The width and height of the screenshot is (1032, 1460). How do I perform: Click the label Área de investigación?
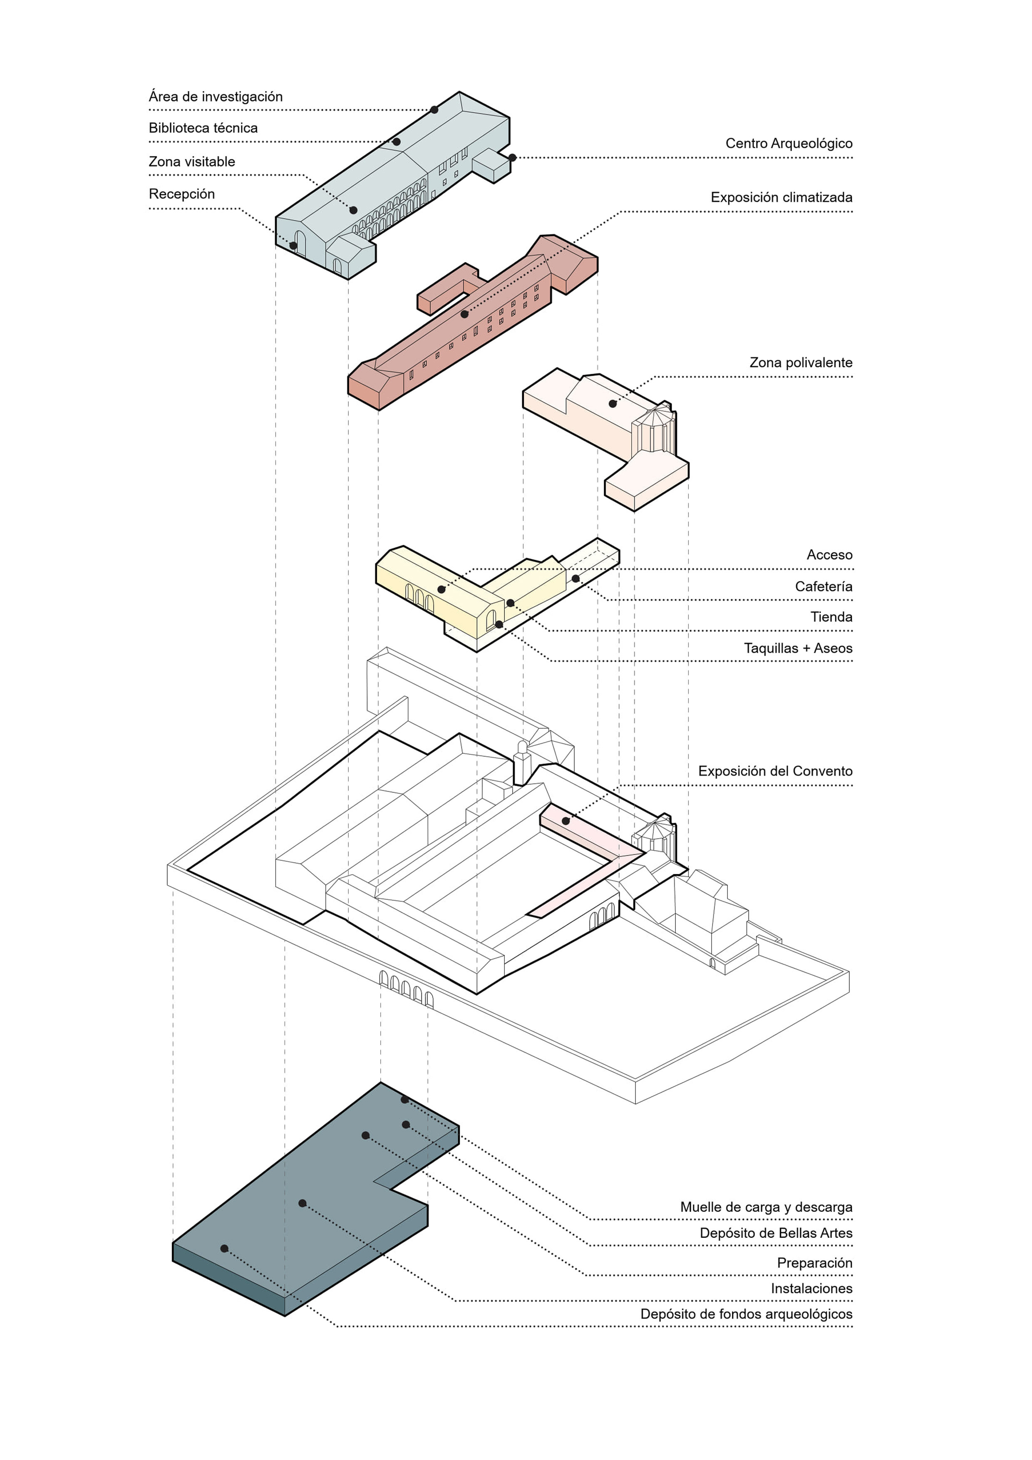point(216,97)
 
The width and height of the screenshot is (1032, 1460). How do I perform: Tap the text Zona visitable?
point(191,161)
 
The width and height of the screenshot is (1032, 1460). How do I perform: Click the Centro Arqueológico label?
point(789,143)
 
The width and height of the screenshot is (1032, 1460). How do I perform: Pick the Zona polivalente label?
point(801,363)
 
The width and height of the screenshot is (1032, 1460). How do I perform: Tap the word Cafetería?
point(824,586)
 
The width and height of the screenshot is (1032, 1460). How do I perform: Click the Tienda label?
point(831,617)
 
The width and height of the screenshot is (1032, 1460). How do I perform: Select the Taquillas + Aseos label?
point(798,648)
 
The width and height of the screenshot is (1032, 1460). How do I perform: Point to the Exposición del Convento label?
point(775,771)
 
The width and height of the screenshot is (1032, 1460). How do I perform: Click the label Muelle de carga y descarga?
point(766,1207)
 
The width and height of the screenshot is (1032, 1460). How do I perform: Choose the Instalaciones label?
point(811,1288)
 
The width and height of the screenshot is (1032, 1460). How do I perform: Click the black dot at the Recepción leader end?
point(293,246)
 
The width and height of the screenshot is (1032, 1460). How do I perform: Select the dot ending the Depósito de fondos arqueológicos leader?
point(224,1248)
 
